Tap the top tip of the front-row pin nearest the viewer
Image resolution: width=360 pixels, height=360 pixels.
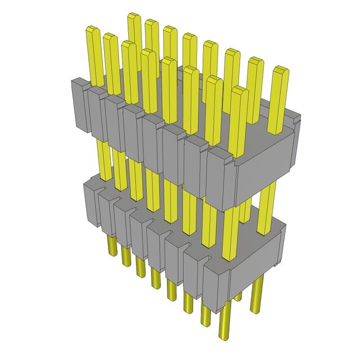pos(239,89)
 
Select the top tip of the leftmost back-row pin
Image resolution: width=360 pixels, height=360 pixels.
pos(134,16)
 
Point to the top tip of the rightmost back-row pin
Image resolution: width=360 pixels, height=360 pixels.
pos(280,70)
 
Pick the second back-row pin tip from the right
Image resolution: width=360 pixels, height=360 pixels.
pos(255,60)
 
